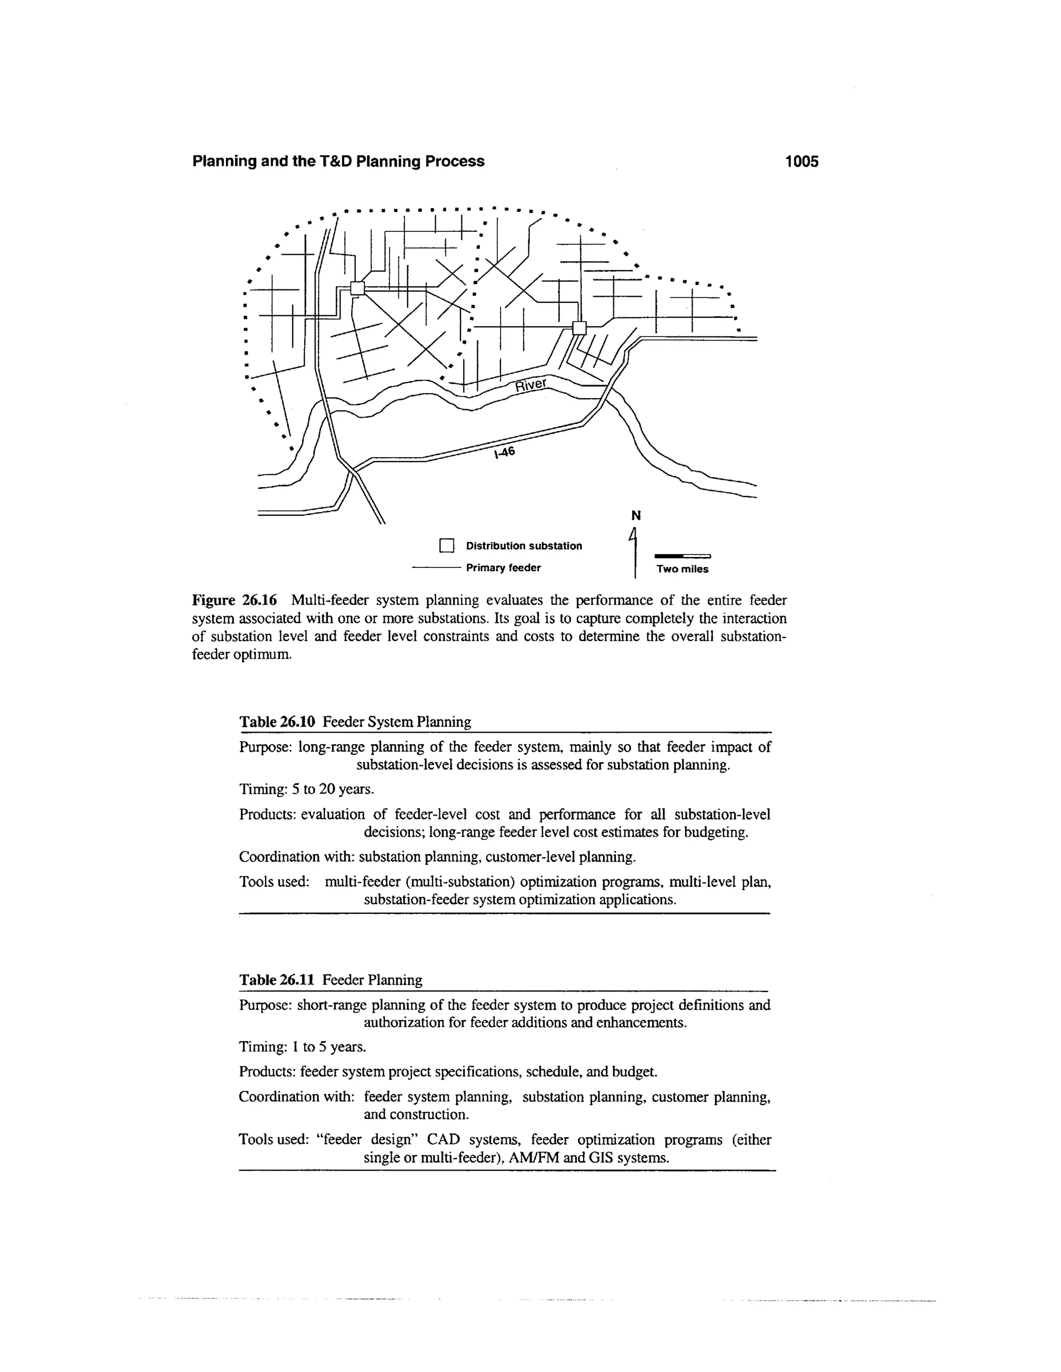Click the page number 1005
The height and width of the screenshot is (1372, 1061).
pos(801,162)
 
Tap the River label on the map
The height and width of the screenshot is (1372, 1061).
pos(532,385)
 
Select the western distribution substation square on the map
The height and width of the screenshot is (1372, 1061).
pos(357,288)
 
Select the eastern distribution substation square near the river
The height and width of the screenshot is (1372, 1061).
pos(579,328)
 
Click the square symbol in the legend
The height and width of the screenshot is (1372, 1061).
pos(446,545)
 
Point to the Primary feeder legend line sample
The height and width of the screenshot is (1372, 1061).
pos(436,567)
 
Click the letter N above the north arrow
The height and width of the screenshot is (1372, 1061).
pos(636,516)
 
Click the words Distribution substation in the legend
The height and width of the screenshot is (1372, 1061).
pos(524,545)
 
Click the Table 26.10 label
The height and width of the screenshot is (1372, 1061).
pos(277,722)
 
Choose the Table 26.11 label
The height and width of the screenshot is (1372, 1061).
pos(277,980)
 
